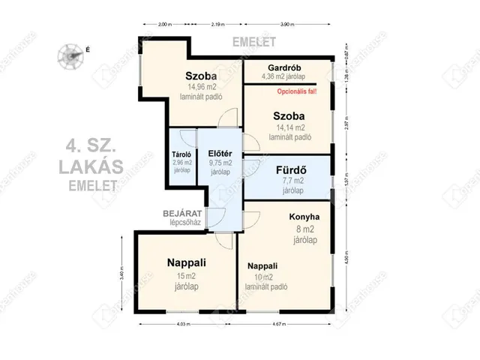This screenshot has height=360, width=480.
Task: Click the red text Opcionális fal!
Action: (298, 91)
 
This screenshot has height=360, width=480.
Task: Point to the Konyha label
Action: (304, 217)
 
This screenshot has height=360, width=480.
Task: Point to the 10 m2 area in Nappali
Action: (267, 277)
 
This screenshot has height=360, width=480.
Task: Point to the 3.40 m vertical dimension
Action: (121, 273)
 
